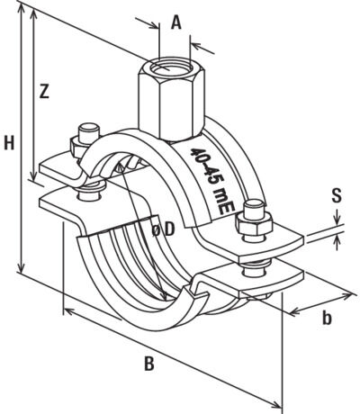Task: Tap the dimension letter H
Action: [x=9, y=142]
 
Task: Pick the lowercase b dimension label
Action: [x=328, y=317]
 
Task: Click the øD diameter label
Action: [x=161, y=231]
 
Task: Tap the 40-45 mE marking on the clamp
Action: [x=213, y=179]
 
